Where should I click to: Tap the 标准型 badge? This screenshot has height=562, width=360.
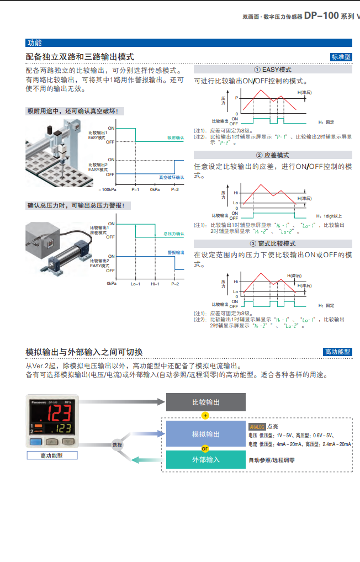[x=341, y=57]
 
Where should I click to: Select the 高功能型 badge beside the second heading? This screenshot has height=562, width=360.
[x=337, y=352]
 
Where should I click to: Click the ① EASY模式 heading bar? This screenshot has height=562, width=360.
[x=273, y=70]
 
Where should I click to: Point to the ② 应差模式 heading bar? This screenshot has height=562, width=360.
[x=273, y=155]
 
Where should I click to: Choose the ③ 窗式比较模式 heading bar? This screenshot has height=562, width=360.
[x=273, y=243]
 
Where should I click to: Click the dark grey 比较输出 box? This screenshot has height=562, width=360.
[x=205, y=402]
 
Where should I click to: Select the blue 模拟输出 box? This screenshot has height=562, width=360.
[x=205, y=434]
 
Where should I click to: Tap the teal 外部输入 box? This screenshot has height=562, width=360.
[x=205, y=459]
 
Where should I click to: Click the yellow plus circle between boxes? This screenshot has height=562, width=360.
[x=205, y=415]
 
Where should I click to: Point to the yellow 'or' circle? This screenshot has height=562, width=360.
[x=205, y=448]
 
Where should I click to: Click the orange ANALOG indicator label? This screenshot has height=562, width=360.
[x=257, y=427]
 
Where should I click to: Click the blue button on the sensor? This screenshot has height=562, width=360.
[x=37, y=442]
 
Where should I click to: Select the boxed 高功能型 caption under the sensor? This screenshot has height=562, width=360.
[x=51, y=455]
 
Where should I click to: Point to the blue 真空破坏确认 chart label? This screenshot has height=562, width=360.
[x=171, y=177]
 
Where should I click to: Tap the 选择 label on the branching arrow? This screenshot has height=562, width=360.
[x=117, y=444]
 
